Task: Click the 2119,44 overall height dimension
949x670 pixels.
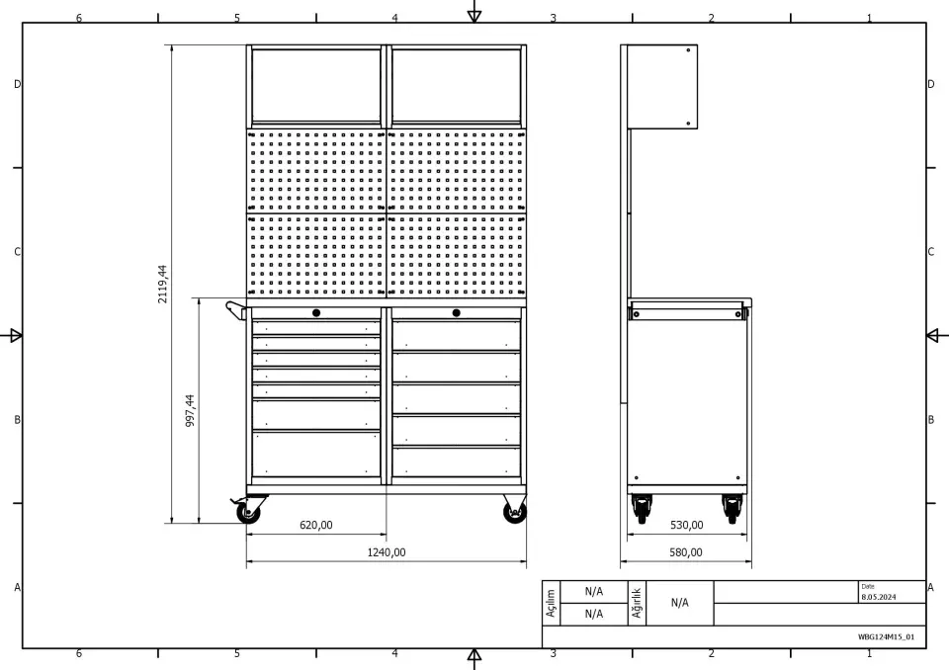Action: coord(163,284)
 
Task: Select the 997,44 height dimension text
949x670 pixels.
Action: coord(190,410)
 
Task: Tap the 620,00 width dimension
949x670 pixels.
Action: coord(316,525)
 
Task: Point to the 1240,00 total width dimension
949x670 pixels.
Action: coord(387,552)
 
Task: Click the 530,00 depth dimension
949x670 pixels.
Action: coord(686,525)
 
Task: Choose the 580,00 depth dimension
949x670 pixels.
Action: coord(686,552)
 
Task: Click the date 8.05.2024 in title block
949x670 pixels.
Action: coord(878,597)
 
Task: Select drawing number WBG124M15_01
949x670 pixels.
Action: coord(886,636)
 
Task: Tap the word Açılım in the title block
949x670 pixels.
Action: coord(551,604)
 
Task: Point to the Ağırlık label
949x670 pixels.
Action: coord(637,603)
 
